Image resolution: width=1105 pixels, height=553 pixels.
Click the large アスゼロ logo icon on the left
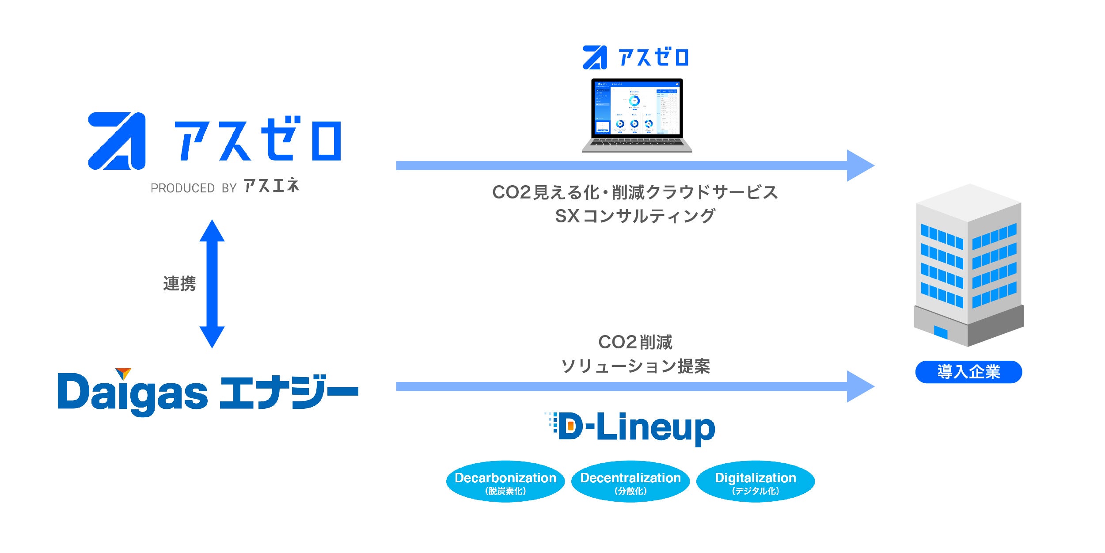coord(117,141)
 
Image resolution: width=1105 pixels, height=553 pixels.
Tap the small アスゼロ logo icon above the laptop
coord(595,58)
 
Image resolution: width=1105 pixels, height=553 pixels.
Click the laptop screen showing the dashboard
coord(637,108)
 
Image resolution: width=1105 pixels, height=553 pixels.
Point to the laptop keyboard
coord(637,142)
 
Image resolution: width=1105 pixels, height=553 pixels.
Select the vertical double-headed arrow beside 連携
coord(212,284)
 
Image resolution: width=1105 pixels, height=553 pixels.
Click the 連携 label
coord(179,284)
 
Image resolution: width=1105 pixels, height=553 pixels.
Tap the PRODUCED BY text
coord(194,188)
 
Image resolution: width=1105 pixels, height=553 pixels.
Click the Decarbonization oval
coord(505,482)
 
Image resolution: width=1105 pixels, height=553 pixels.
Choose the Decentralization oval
coord(630,482)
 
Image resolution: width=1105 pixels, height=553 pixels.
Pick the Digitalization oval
coord(756,482)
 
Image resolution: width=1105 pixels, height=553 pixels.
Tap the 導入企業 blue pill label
coord(968,372)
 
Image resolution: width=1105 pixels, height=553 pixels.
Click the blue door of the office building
coord(941,332)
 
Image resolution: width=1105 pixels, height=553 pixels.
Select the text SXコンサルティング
coord(635,216)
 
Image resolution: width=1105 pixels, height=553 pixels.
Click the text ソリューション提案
coord(635,366)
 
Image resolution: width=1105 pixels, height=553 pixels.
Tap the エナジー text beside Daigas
coord(289,393)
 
